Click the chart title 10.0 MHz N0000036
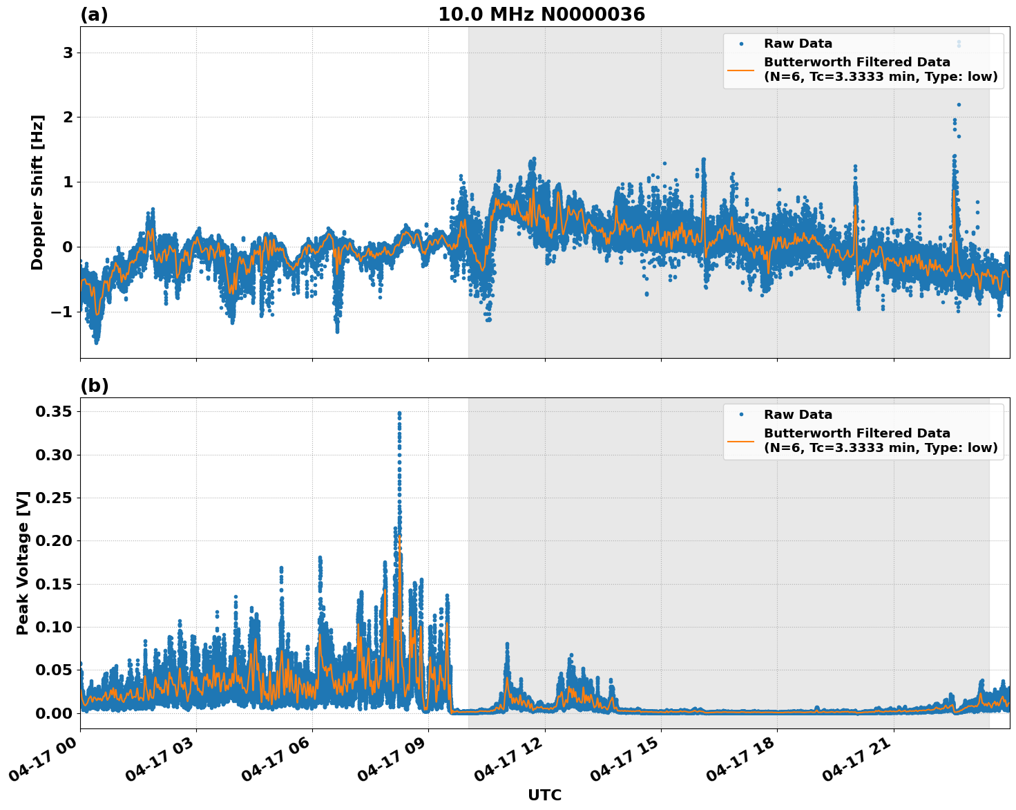[x=541, y=15]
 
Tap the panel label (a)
[x=94, y=15]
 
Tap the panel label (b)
[x=94, y=386]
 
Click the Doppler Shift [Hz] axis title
[x=37, y=192]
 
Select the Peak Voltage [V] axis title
[x=23, y=563]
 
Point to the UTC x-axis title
[x=544, y=795]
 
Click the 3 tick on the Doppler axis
[x=68, y=53]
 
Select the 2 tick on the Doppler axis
[x=68, y=117]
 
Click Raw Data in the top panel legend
[x=798, y=44]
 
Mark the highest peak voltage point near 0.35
[x=399, y=413]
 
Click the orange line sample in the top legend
[x=741, y=69]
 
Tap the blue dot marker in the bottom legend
[x=741, y=415]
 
